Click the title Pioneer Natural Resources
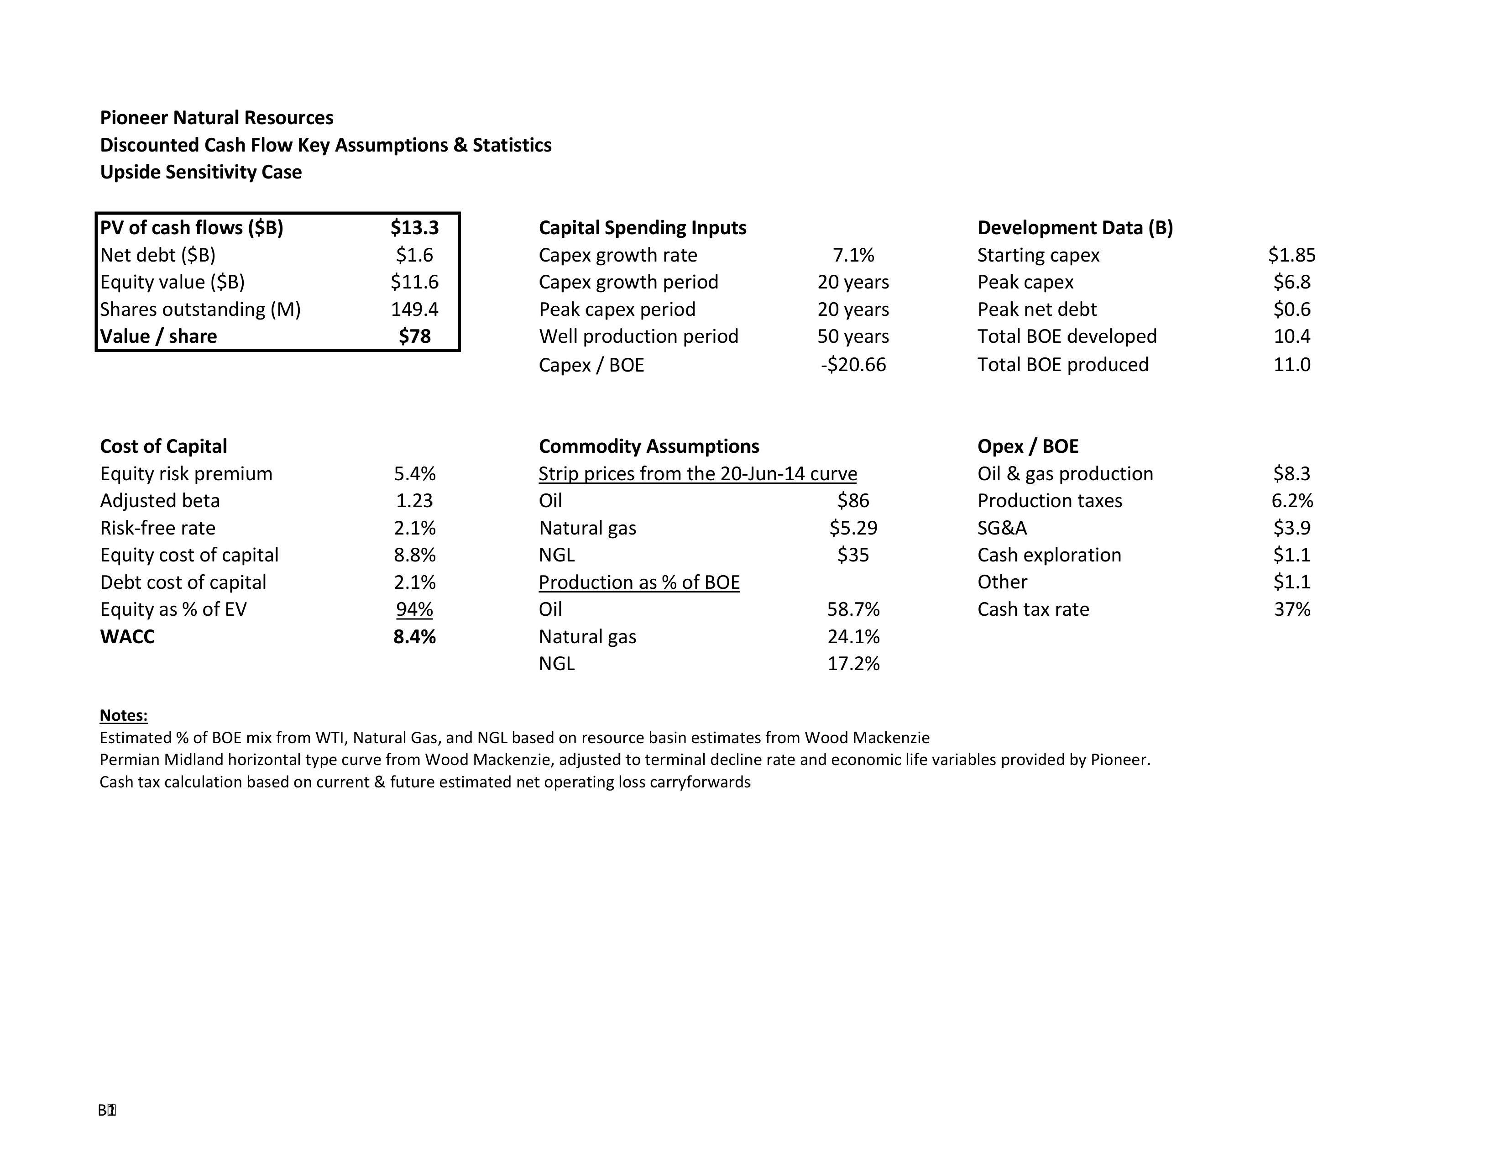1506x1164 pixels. [x=216, y=118]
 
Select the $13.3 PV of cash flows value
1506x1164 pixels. [x=414, y=228]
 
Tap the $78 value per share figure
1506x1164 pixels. [x=414, y=336]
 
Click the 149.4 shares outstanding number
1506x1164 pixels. [x=414, y=309]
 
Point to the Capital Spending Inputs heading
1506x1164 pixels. [x=642, y=228]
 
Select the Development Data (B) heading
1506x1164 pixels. [x=1075, y=228]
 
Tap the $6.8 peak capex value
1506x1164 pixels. [x=1292, y=282]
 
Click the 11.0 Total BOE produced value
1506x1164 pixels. [x=1292, y=365]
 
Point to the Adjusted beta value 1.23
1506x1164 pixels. [x=414, y=501]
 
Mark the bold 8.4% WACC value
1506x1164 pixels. [x=414, y=636]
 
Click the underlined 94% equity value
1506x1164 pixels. [x=414, y=609]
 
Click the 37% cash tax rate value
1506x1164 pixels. [x=1292, y=609]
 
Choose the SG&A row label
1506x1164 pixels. [x=1002, y=528]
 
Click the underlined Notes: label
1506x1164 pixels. [x=123, y=715]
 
